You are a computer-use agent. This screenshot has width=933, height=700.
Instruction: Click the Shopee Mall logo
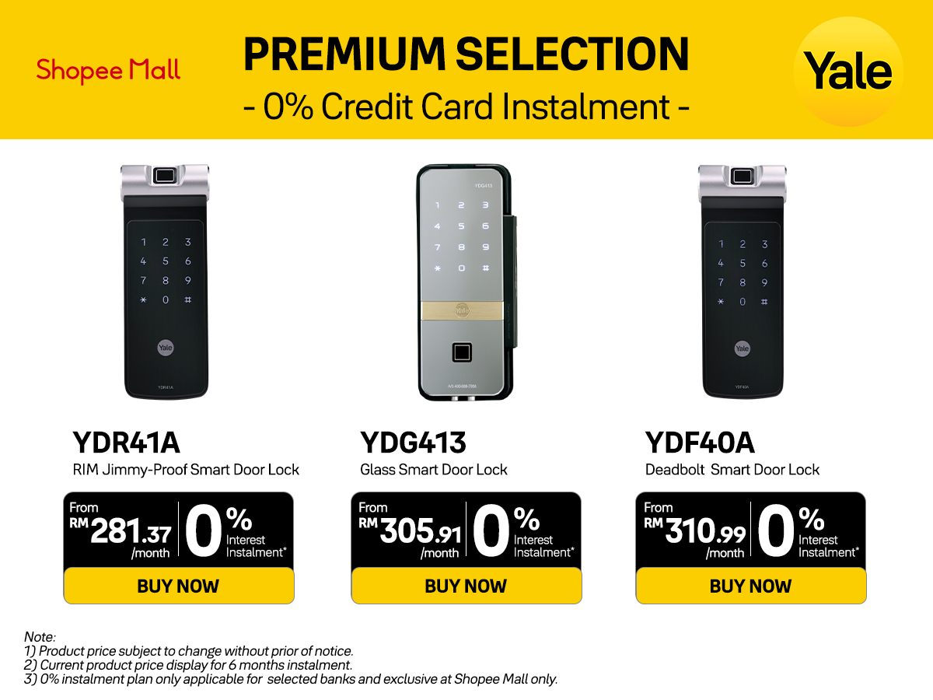coord(108,71)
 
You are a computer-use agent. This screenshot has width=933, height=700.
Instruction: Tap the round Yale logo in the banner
coord(847,72)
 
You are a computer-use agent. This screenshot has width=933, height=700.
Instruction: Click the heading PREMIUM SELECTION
coord(466,54)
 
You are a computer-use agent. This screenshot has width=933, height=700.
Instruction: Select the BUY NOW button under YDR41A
coord(178,586)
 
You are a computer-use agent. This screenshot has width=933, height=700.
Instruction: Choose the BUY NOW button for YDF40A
coord(750,586)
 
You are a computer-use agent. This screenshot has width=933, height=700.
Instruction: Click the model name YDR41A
coord(126,443)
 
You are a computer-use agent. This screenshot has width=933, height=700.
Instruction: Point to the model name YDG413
coord(413,443)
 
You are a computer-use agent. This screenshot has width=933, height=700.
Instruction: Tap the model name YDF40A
coord(700,443)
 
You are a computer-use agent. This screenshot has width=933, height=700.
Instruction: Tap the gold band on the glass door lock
coord(463,310)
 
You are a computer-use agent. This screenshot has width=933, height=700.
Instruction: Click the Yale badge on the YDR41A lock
coord(166,348)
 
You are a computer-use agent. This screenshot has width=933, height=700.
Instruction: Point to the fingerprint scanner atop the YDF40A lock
coord(742,176)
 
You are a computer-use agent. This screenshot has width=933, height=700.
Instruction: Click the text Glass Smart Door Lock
coord(433,470)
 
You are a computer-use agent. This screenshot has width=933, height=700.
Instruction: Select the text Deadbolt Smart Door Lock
coord(732,470)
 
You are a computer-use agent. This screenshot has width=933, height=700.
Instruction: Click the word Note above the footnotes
coord(40,637)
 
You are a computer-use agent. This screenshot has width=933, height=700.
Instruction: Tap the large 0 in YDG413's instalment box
coord(489,531)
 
